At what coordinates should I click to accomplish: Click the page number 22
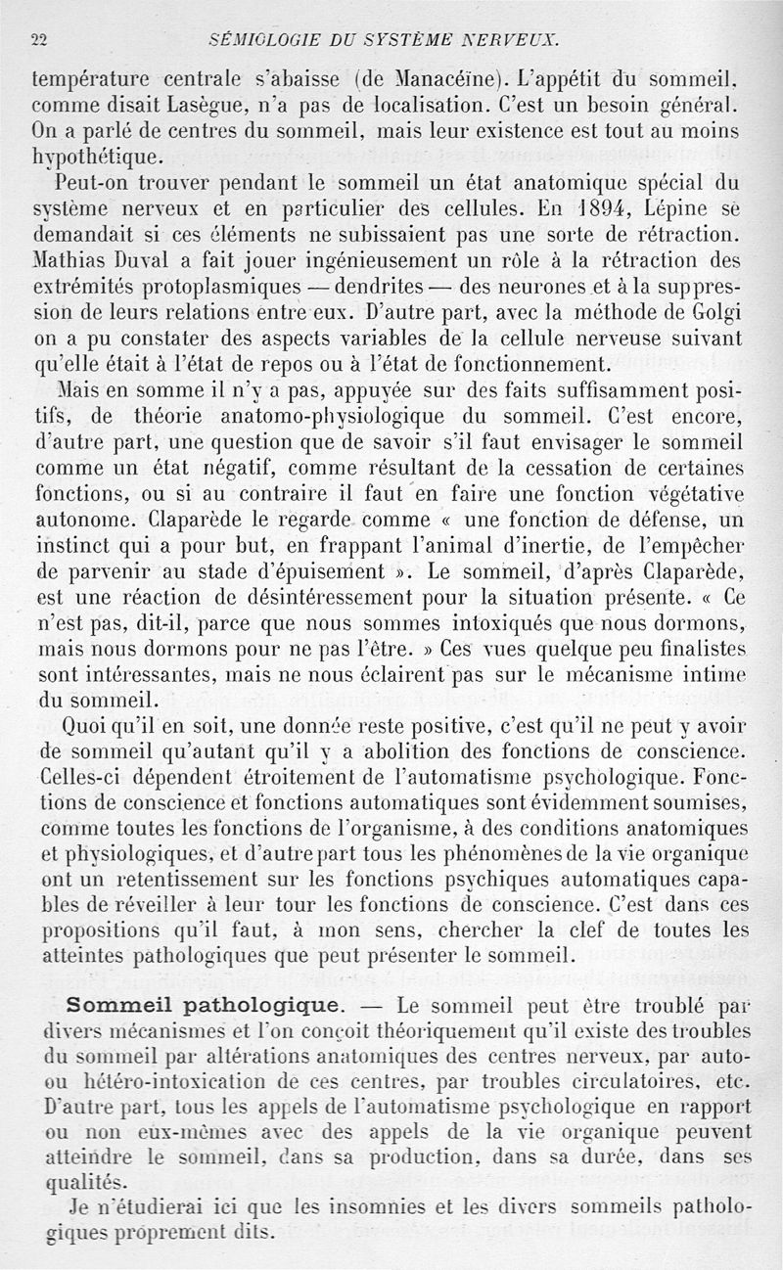[x=40, y=40]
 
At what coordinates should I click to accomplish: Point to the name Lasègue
[x=247, y=103]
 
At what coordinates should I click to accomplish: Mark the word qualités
[x=70, y=1180]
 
